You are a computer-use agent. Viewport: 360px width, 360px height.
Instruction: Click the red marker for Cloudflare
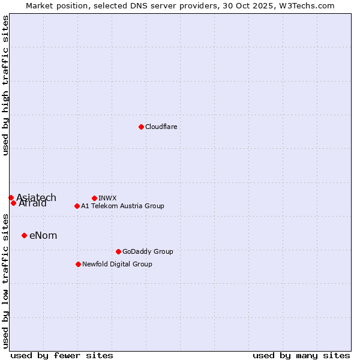point(141,127)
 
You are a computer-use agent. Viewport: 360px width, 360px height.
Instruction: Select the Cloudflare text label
point(161,127)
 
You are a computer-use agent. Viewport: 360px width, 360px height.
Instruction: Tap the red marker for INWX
point(94,198)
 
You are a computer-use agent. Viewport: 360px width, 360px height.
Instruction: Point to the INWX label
point(107,198)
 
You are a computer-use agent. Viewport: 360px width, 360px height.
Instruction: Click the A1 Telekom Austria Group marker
point(77,206)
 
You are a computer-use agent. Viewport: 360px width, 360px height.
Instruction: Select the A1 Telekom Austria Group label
point(122,206)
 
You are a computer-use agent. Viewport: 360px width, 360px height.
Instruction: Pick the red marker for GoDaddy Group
point(118,251)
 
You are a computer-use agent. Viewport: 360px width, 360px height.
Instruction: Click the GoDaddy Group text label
point(147,251)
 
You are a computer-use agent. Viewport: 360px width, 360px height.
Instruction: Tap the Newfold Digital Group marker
point(78,264)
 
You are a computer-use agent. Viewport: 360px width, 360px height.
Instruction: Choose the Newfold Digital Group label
point(117,264)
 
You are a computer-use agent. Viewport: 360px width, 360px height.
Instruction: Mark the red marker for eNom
point(24,235)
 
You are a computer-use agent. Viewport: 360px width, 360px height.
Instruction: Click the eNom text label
point(43,235)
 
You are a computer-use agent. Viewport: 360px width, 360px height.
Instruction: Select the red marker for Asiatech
point(11,197)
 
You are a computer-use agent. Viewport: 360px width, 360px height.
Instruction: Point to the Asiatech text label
point(36,197)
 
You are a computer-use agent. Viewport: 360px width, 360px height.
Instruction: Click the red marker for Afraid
point(13,203)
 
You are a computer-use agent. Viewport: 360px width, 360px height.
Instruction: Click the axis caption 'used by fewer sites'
point(62,355)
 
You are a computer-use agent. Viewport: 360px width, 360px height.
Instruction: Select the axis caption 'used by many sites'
point(301,355)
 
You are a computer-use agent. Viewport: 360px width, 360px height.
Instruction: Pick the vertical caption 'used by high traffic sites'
point(5,85)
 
